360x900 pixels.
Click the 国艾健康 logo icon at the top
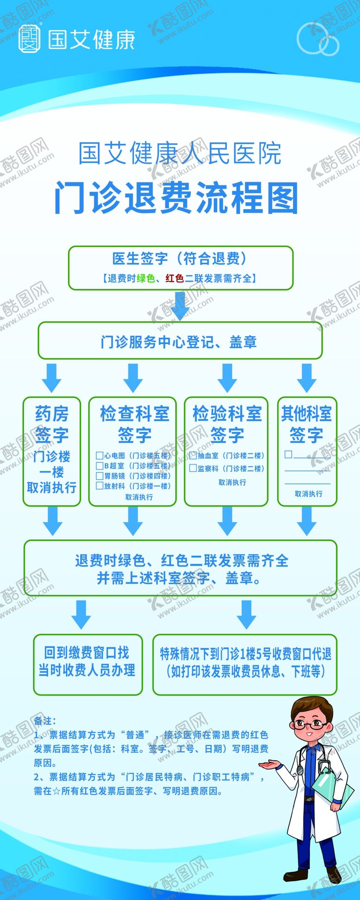pyautogui.click(x=29, y=39)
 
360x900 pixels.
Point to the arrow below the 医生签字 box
pyautogui.click(x=180, y=305)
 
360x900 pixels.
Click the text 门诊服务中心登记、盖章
pyautogui.click(x=179, y=342)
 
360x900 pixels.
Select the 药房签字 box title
pyautogui.click(x=51, y=424)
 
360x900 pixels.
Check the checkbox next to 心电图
pyautogui.click(x=99, y=456)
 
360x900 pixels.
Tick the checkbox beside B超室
pyautogui.click(x=99, y=466)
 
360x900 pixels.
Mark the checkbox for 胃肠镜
pyautogui.click(x=99, y=476)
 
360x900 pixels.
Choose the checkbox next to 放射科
pyautogui.click(x=99, y=486)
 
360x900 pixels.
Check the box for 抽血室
pyautogui.click(x=193, y=456)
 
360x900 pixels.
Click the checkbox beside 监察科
pyautogui.click(x=193, y=469)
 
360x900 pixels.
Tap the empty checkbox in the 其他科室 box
pyautogui.click(x=288, y=454)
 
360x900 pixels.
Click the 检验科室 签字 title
pyautogui.click(x=227, y=424)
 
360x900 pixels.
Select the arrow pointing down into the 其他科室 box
pyautogui.click(x=306, y=378)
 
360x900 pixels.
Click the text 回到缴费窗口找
pyautogui.click(x=87, y=653)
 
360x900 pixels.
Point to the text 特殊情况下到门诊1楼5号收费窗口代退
pyautogui.click(x=245, y=654)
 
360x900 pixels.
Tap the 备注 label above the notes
pyautogui.click(x=44, y=721)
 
